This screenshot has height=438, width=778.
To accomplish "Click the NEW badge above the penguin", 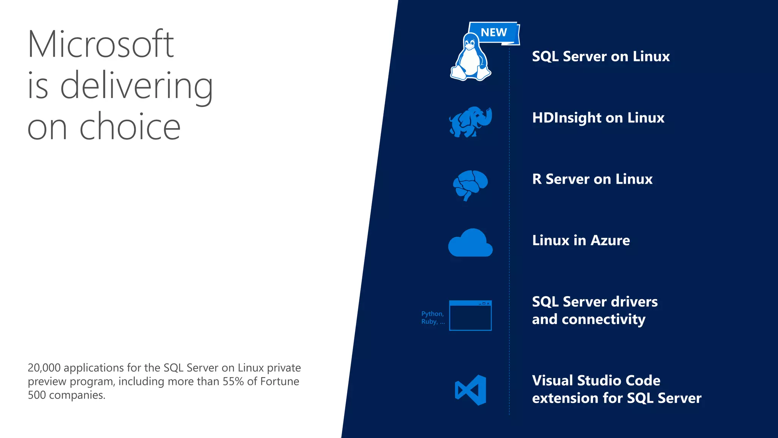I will click(x=494, y=33).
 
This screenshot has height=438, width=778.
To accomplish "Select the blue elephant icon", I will click(x=470, y=122).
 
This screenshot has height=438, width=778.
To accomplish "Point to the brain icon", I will click(x=470, y=185).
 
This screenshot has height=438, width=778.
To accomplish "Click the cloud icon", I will click(x=470, y=243).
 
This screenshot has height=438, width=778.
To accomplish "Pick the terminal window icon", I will click(x=470, y=315).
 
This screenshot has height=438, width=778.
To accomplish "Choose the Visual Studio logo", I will click(x=471, y=390).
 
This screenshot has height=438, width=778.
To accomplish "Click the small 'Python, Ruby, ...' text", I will click(x=433, y=317).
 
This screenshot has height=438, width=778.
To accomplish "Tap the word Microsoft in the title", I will click(x=101, y=44).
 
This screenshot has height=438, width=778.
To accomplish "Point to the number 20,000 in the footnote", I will click(x=44, y=368).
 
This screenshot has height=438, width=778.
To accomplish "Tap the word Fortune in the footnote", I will click(x=280, y=381).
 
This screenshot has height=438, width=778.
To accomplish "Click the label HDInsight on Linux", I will click(x=598, y=118).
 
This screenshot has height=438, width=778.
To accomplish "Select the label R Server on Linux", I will click(x=592, y=179).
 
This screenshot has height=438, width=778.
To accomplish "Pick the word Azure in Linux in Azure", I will click(x=610, y=240).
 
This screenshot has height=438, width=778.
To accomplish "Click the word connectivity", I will click(x=604, y=320).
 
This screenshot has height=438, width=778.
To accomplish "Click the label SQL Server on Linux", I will click(x=601, y=56).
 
